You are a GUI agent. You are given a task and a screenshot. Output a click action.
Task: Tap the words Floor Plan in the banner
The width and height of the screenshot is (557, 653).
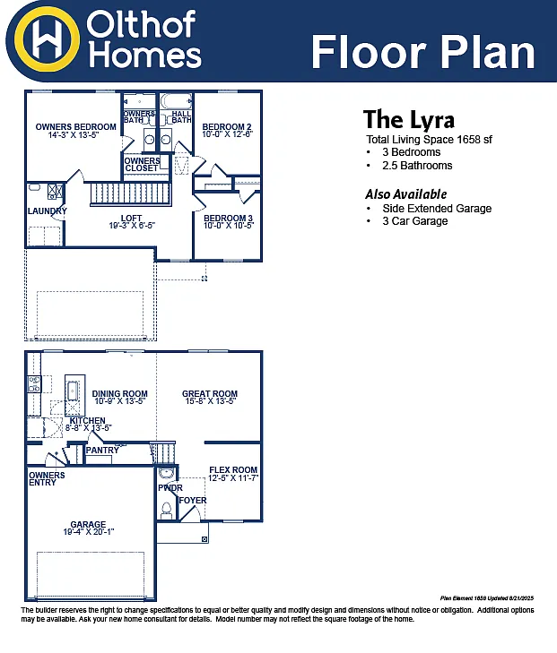click(422, 52)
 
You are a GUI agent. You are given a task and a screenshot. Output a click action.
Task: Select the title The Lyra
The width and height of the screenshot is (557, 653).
click(408, 120)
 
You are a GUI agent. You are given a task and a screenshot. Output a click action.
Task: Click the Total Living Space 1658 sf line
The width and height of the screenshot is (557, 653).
click(430, 140)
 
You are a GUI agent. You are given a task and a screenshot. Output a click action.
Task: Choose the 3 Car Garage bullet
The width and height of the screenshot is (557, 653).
click(414, 221)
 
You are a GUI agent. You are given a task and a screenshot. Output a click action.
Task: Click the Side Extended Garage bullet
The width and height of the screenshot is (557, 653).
click(436, 209)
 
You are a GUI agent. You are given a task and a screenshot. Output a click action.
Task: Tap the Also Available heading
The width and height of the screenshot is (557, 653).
click(405, 194)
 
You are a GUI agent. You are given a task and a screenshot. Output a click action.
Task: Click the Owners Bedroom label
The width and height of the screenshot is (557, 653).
click(75, 131)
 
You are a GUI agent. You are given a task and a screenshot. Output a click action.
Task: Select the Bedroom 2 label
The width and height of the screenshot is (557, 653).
click(227, 130)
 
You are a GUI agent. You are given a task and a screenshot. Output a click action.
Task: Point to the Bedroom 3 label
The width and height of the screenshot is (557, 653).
click(228, 222)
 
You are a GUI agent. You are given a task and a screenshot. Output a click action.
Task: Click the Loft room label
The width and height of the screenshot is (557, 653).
click(131, 222)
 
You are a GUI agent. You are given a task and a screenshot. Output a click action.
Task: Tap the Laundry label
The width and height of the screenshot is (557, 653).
click(47, 211)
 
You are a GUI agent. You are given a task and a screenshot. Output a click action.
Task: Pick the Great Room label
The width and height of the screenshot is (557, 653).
click(209, 397)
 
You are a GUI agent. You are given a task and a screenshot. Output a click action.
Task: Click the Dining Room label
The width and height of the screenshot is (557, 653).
click(119, 397)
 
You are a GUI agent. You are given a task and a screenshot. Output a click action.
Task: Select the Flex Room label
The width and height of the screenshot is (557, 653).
click(233, 474)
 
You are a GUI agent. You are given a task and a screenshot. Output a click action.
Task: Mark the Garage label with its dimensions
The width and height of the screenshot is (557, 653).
click(88, 528)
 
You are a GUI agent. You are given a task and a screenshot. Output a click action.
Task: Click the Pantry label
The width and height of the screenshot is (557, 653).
click(102, 451)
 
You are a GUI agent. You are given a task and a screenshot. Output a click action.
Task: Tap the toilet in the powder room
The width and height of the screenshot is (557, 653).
click(165, 510)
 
